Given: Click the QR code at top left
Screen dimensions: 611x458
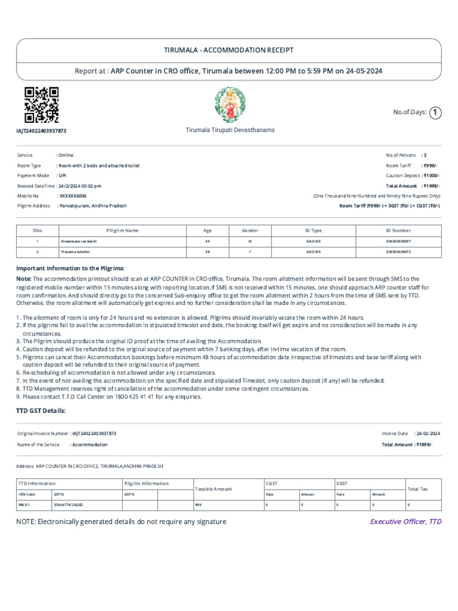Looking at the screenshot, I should (x=41, y=104).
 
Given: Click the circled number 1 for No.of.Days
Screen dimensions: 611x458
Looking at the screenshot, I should (x=435, y=112).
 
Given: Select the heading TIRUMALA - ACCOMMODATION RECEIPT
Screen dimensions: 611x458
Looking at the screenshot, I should (x=229, y=50).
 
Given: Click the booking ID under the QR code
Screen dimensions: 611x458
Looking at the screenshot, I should (x=41, y=130).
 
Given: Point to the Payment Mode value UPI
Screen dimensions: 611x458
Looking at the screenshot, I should (x=62, y=175).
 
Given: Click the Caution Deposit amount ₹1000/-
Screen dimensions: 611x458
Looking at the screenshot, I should (x=431, y=175).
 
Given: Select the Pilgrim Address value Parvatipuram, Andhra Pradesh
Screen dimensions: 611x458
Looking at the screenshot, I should (x=92, y=205).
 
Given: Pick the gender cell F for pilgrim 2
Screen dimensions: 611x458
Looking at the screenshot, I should (x=249, y=252).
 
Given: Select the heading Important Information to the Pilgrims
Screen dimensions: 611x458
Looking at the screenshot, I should (x=70, y=269).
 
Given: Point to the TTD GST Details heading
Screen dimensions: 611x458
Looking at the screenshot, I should (x=41, y=411).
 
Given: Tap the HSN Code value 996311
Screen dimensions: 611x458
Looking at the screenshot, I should (x=24, y=504).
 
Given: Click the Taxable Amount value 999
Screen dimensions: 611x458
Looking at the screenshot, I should (x=199, y=504).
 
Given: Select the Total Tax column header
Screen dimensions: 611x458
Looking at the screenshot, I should (x=418, y=488).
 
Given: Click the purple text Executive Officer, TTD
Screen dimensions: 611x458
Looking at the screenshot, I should (x=406, y=521).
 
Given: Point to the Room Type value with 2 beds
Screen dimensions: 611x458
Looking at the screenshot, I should (x=98, y=165).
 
